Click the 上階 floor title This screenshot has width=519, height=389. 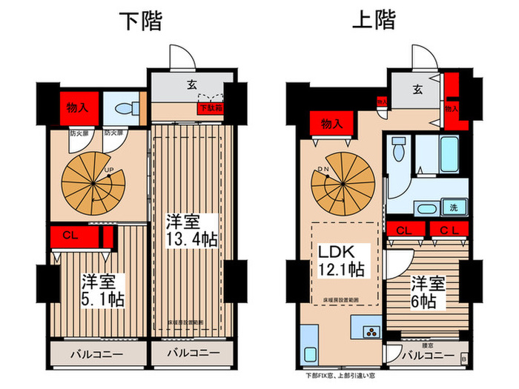pyautogui.click(x=373, y=21)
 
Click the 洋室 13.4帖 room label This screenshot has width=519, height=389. pyautogui.click(x=191, y=230)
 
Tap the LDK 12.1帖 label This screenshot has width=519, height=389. pyautogui.click(x=342, y=260)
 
